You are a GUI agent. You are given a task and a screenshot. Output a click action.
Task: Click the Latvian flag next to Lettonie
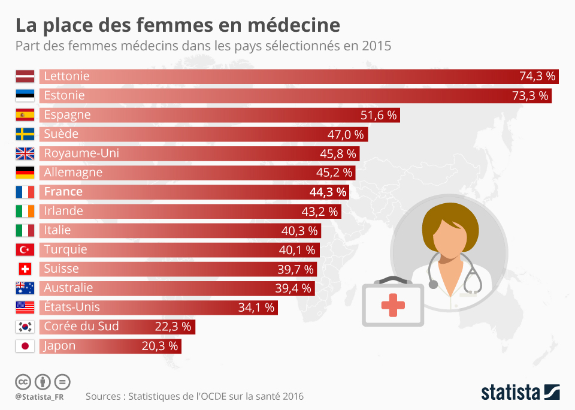pos(25,76)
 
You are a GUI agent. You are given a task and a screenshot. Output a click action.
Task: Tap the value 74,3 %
pos(538,76)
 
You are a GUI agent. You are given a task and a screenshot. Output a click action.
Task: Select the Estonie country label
pos(64,95)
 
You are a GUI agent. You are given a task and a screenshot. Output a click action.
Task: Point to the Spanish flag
pos(25,114)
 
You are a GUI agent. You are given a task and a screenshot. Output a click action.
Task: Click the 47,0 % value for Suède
pos(347,134)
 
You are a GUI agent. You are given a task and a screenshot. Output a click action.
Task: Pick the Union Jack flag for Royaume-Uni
pos(25,153)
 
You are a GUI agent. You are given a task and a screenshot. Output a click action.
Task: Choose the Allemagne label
pos(73,173)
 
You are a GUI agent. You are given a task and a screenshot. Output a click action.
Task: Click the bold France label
pos(63,192)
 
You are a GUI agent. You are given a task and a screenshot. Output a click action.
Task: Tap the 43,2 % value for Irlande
pos(320,211)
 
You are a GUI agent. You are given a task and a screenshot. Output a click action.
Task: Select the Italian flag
pos(25,230)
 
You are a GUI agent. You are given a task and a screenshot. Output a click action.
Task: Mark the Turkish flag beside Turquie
pos(25,249)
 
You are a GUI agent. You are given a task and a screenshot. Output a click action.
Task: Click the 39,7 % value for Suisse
pos(294,269)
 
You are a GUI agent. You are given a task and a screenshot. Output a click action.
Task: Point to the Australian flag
pos(25,288)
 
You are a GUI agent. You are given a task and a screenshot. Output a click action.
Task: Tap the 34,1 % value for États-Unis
pos(256,307)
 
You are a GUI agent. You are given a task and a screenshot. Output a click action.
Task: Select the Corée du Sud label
pos(81,327)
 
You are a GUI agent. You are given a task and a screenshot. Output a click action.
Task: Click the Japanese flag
pos(25,346)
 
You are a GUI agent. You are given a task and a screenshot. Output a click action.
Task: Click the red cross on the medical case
pos(393,305)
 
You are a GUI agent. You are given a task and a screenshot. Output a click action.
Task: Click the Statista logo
pos(520,393)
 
